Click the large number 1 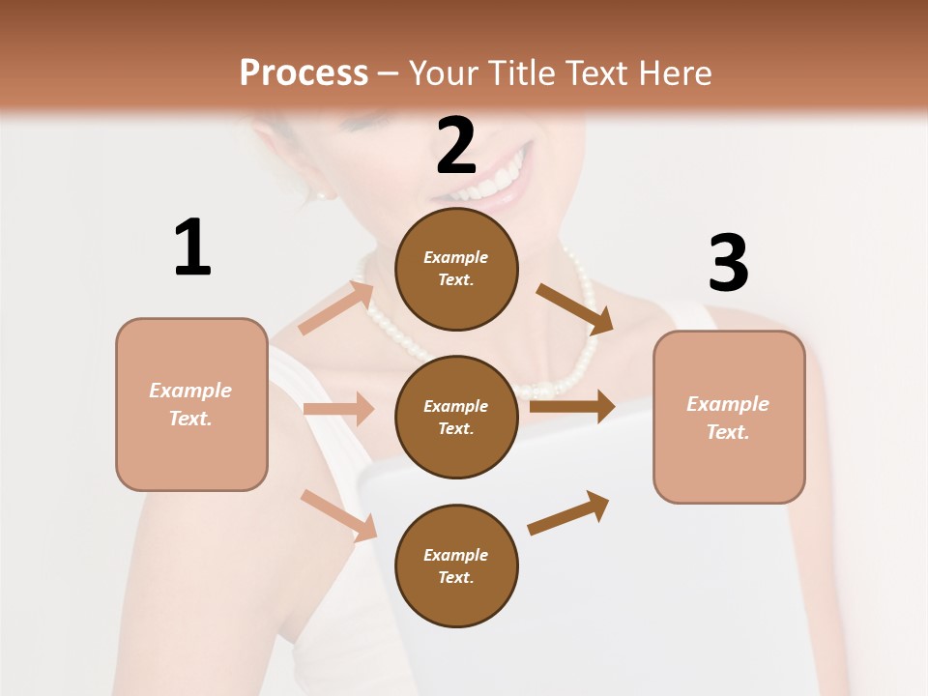point(192,247)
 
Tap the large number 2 point(456,146)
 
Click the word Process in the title point(304,72)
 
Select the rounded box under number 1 point(191,404)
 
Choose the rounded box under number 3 point(729,417)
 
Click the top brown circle point(456,269)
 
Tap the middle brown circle point(456,417)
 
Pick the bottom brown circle point(456,565)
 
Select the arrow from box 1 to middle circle point(338,409)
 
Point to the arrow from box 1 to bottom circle point(338,515)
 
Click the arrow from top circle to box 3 point(575,308)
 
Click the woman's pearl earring point(322,194)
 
